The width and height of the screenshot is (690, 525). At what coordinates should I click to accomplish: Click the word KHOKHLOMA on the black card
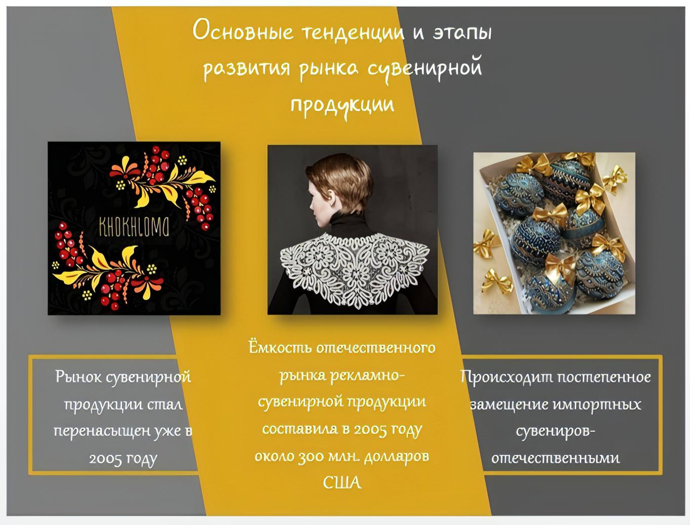pyautogui.click(x=134, y=226)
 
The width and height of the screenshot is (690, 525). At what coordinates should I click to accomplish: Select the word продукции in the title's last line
pyautogui.click(x=342, y=106)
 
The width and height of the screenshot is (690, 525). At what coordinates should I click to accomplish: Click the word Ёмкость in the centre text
pyautogui.click(x=280, y=347)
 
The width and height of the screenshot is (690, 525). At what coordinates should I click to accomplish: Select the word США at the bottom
pyautogui.click(x=342, y=483)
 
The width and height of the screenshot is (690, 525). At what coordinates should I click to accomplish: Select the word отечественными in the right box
pyautogui.click(x=555, y=458)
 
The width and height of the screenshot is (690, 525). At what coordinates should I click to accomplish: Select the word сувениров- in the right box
pyautogui.click(x=555, y=432)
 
